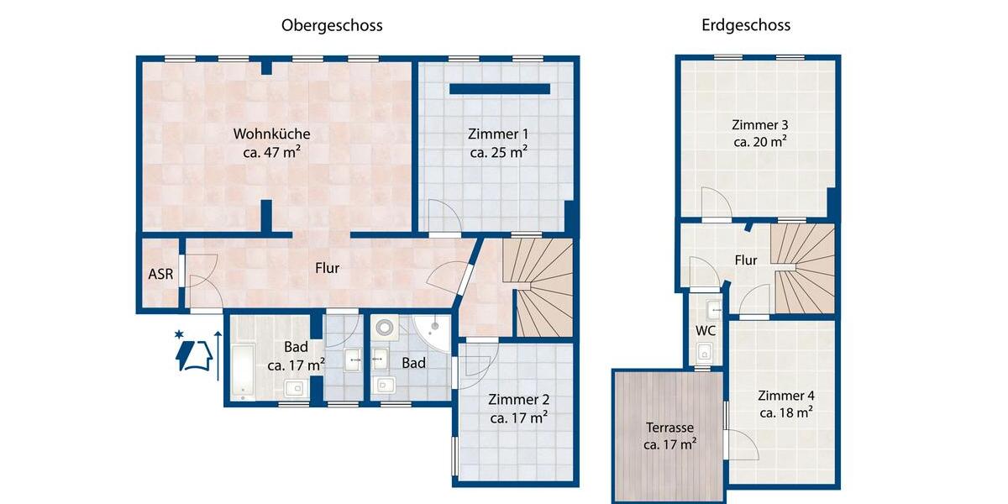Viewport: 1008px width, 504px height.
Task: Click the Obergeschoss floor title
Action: tap(332, 25)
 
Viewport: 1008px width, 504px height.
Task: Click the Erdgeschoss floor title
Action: tap(746, 25)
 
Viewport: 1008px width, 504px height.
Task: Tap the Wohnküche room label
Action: tap(271, 134)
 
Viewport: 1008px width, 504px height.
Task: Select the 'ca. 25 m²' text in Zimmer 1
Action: tap(498, 153)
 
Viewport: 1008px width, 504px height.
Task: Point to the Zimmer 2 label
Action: tap(518, 399)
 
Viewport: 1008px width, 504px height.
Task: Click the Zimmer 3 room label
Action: tap(759, 124)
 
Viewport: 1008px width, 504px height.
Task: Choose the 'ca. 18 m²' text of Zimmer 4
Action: tap(785, 413)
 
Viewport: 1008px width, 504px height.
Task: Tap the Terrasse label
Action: tap(669, 426)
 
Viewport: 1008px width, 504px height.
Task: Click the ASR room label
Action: tap(160, 274)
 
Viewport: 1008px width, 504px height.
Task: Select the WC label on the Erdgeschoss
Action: tap(705, 330)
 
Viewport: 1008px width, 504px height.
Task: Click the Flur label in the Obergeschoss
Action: tap(327, 269)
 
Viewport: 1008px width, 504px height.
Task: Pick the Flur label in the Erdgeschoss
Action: tap(746, 260)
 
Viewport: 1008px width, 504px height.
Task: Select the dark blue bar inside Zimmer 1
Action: tap(500, 89)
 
